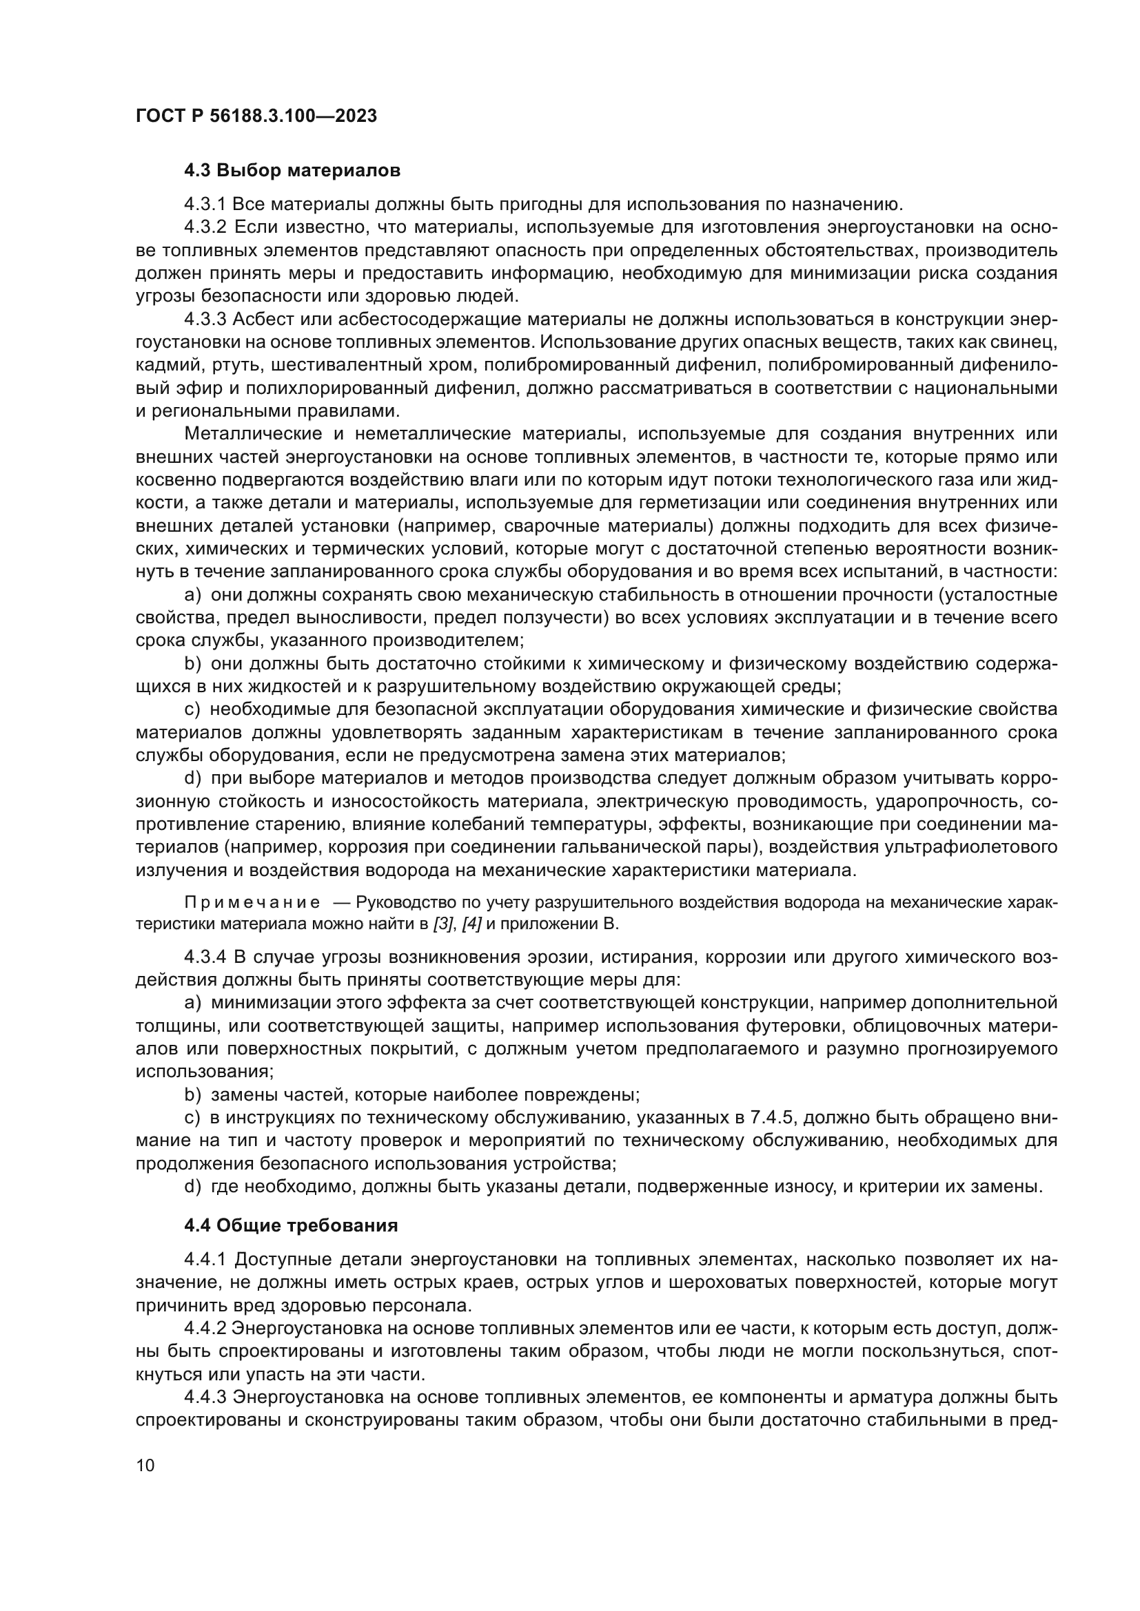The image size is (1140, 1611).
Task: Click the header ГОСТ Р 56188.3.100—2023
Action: (256, 116)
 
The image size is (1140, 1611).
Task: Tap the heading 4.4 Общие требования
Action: (291, 1225)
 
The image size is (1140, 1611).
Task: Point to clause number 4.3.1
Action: (205, 205)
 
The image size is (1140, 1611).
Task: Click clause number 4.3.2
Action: (205, 227)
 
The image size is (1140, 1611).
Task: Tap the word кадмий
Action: (161, 366)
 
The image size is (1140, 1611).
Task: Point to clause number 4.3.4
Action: (205, 957)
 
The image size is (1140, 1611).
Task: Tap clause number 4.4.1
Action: (205, 1260)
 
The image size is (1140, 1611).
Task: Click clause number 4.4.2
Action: (205, 1328)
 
